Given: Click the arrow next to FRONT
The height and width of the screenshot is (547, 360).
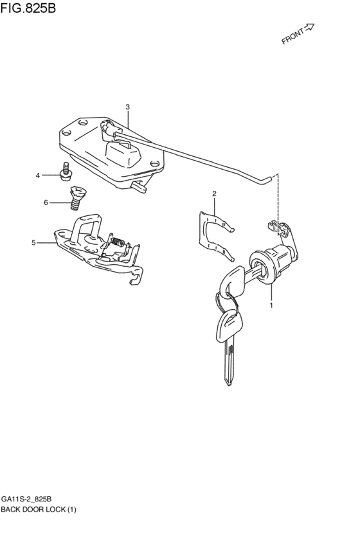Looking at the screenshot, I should click(x=309, y=28).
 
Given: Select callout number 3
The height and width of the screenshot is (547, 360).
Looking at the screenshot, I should click(x=127, y=107).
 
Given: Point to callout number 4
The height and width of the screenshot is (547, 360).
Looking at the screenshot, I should click(x=38, y=175).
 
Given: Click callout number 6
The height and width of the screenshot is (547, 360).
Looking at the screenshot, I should click(x=46, y=203).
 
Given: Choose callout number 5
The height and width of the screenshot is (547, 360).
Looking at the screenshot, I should click(x=33, y=242).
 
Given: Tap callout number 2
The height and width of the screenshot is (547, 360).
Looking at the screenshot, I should click(x=214, y=193).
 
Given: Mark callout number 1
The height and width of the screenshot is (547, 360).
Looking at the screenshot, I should click(x=271, y=305).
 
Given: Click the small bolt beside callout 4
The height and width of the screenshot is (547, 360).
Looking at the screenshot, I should click(x=64, y=172).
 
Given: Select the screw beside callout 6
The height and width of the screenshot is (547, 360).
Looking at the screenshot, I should click(x=78, y=195).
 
